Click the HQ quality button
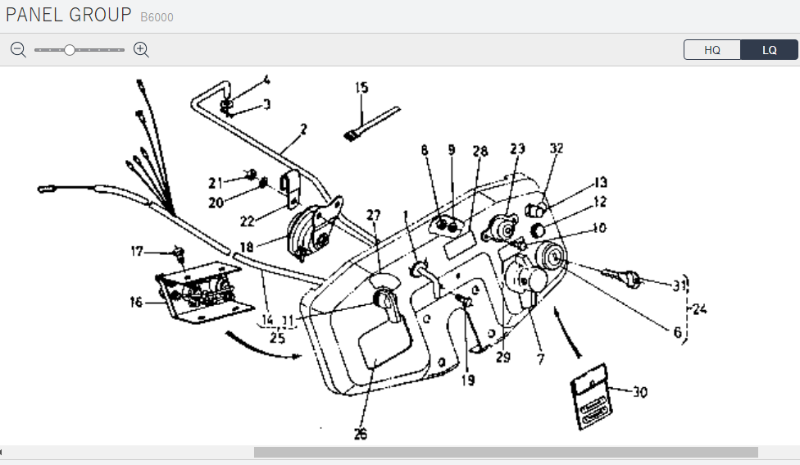point(712,50)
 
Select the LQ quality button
point(769,50)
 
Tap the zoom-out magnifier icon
point(18,49)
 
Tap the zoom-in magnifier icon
point(141,49)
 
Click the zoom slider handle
point(70,50)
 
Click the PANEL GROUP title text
point(68,15)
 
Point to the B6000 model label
point(157,17)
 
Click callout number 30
point(639,393)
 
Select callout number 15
point(361,88)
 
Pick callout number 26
point(361,434)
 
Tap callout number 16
point(135,303)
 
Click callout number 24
point(699,310)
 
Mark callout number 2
point(303,129)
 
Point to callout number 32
point(557,148)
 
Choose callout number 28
point(480,152)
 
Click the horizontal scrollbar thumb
point(506,452)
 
